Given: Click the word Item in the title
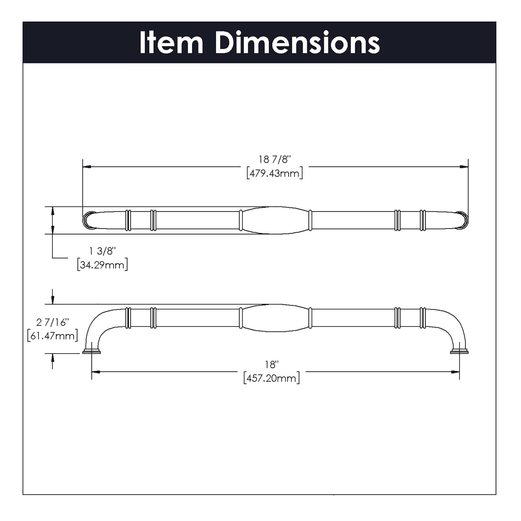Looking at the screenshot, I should (171, 43).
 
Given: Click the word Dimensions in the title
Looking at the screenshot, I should (297, 43).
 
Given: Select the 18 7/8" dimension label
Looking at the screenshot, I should (275, 160).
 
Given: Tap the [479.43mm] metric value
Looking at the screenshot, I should (275, 173).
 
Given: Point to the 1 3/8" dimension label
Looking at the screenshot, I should (102, 251).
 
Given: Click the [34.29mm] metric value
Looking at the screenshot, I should (102, 265).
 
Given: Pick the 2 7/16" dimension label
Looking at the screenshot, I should (52, 322).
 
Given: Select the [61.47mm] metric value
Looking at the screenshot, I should (52, 336).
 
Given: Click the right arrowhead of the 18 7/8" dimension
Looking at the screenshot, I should (464, 167).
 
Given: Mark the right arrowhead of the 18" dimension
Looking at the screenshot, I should (456, 372).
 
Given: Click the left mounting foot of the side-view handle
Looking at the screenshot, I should (91, 351).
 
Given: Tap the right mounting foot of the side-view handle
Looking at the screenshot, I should (459, 351).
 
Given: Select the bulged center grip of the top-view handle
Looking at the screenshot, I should (275, 220).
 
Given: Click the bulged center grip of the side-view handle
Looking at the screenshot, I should (275, 318).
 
